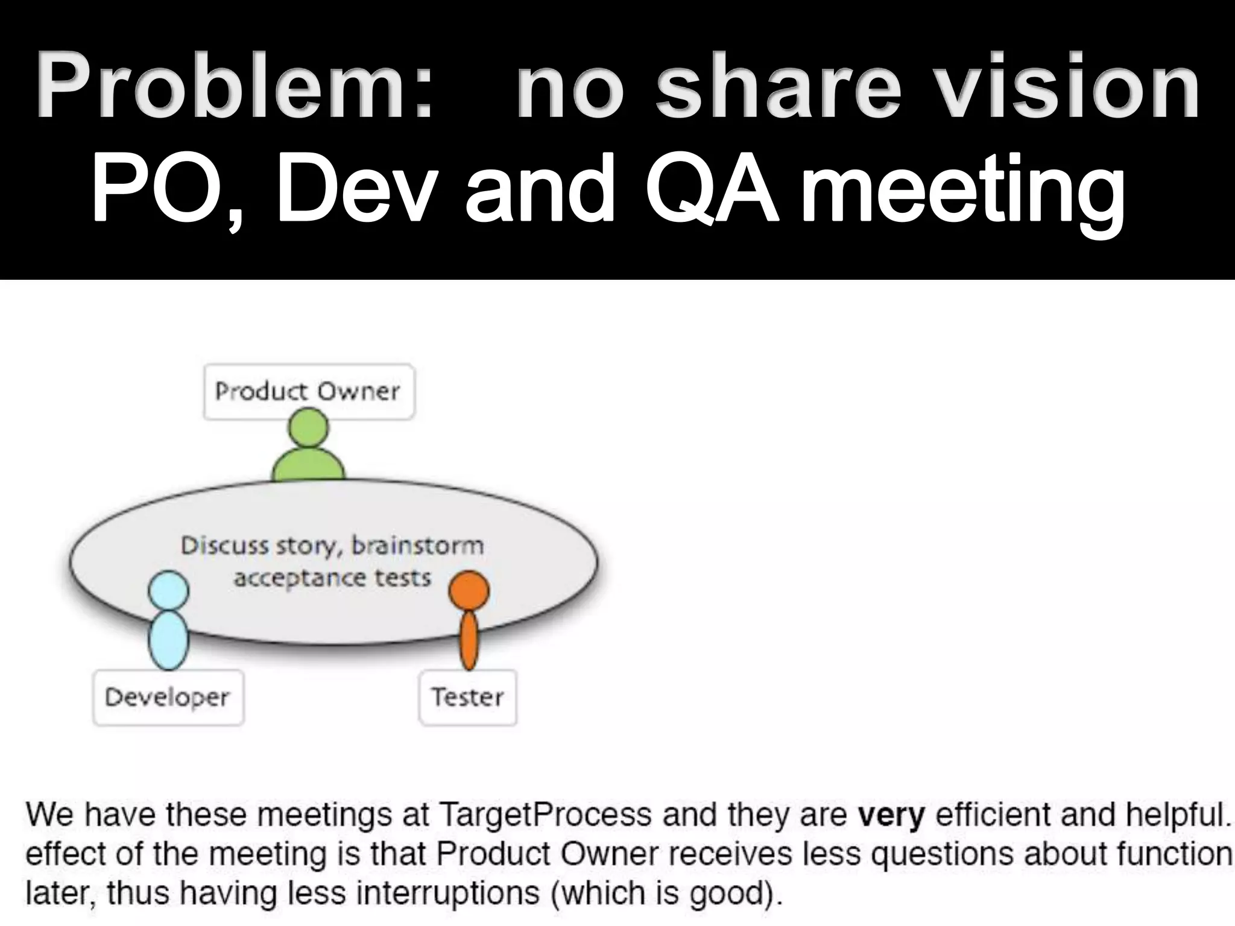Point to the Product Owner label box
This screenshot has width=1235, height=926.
pyautogui.click(x=309, y=392)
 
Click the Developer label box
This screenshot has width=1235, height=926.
pyautogui.click(x=168, y=698)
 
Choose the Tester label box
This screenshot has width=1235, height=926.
pyautogui.click(x=468, y=698)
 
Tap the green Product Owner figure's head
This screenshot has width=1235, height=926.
pyautogui.click(x=308, y=429)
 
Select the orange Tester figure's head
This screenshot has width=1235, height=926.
pyautogui.click(x=469, y=590)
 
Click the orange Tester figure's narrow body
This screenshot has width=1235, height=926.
pyautogui.click(x=469, y=640)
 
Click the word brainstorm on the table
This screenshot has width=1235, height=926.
pyautogui.click(x=417, y=546)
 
